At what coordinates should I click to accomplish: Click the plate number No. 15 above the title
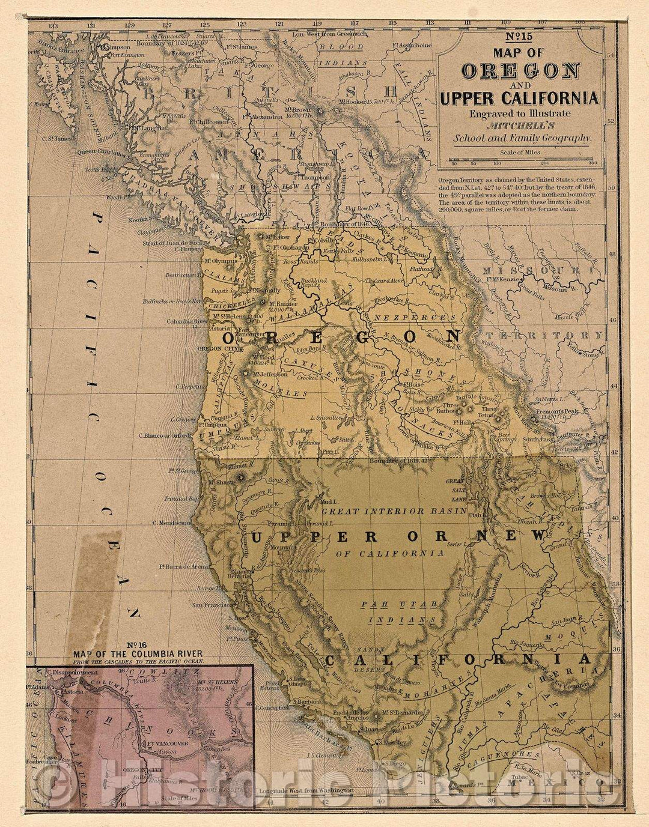(519, 37)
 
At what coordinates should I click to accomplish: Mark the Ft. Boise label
(410, 384)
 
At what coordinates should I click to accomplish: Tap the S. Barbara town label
(304, 700)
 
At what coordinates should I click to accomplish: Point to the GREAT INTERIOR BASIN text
(394, 511)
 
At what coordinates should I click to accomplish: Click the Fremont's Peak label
(545, 413)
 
